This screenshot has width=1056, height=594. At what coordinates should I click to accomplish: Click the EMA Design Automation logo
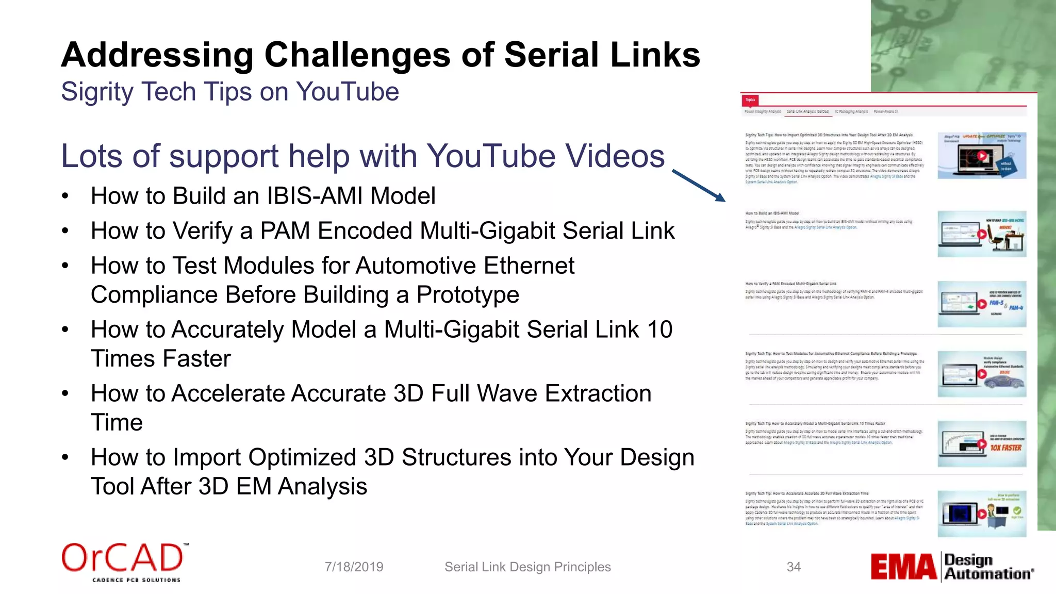pyautogui.click(x=952, y=567)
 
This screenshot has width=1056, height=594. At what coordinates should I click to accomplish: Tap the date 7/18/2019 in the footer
pyautogui.click(x=354, y=567)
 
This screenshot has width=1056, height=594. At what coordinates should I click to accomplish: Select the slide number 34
pyautogui.click(x=794, y=567)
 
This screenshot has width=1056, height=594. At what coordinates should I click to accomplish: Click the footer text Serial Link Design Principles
pyautogui.click(x=527, y=567)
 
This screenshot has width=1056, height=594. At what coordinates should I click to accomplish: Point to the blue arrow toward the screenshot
pyautogui.click(x=699, y=185)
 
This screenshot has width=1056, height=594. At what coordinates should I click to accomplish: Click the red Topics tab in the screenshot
pyautogui.click(x=750, y=100)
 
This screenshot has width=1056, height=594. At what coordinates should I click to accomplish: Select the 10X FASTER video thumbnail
pyautogui.click(x=981, y=444)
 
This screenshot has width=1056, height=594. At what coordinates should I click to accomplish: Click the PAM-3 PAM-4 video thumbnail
pyautogui.click(x=981, y=304)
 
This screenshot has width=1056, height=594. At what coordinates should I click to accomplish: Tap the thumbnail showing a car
pyautogui.click(x=981, y=374)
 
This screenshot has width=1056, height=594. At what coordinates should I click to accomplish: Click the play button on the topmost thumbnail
pyautogui.click(x=982, y=156)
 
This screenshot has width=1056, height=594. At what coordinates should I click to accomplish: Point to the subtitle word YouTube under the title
pyautogui.click(x=348, y=92)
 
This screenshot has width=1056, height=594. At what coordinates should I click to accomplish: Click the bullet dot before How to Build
pyautogui.click(x=65, y=196)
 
